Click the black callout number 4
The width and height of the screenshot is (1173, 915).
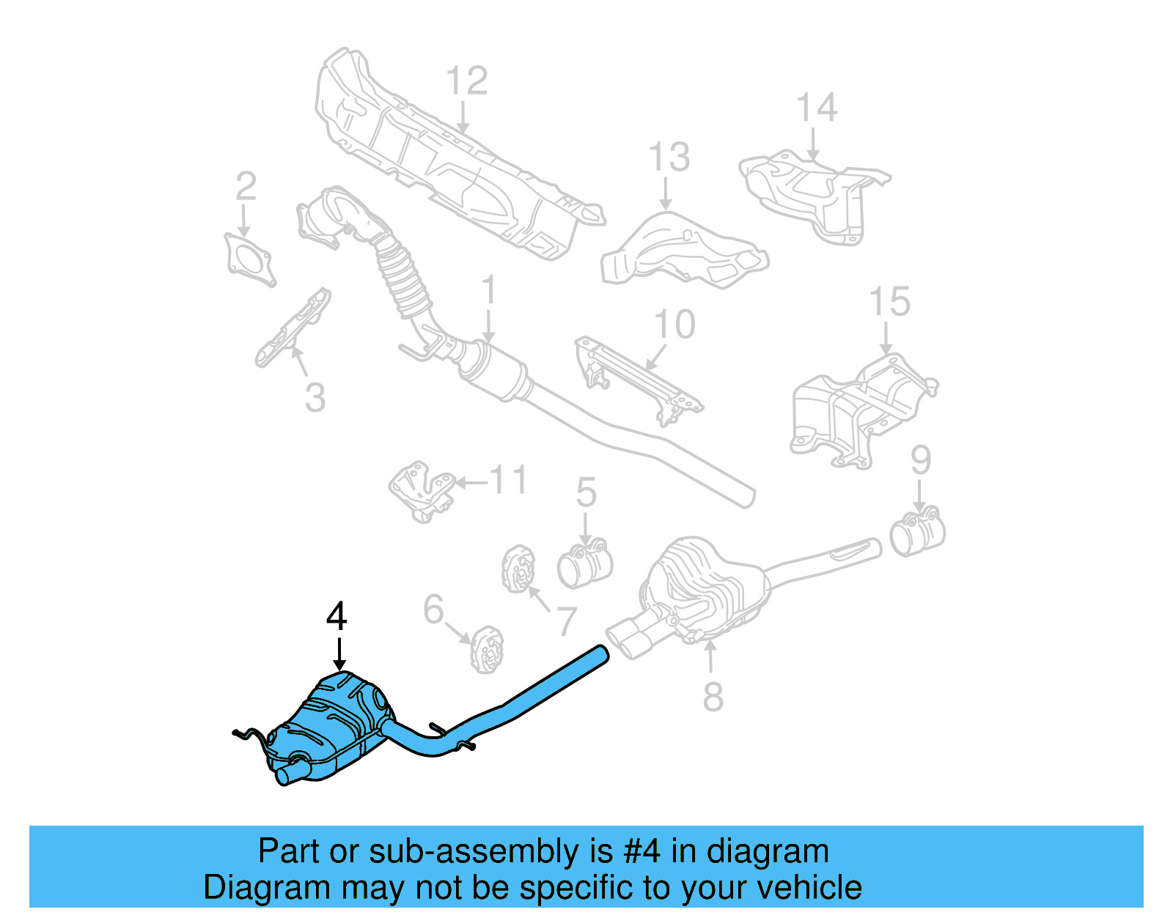pyautogui.click(x=337, y=617)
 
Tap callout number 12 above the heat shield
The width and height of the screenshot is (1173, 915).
pyautogui.click(x=466, y=81)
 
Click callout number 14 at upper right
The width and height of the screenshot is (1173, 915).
pyautogui.click(x=817, y=108)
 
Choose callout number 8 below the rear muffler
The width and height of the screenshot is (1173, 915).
pyautogui.click(x=713, y=696)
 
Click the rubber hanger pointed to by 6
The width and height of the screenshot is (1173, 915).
pyautogui.click(x=487, y=649)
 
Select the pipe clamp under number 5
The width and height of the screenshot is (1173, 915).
pyautogui.click(x=584, y=563)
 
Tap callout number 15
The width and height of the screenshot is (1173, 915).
pyautogui.click(x=889, y=302)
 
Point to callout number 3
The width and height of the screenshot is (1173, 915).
pyautogui.click(x=315, y=398)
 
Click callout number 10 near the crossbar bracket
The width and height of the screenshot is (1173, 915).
pyautogui.click(x=674, y=325)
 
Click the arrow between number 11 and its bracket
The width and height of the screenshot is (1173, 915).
pyautogui.click(x=471, y=482)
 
